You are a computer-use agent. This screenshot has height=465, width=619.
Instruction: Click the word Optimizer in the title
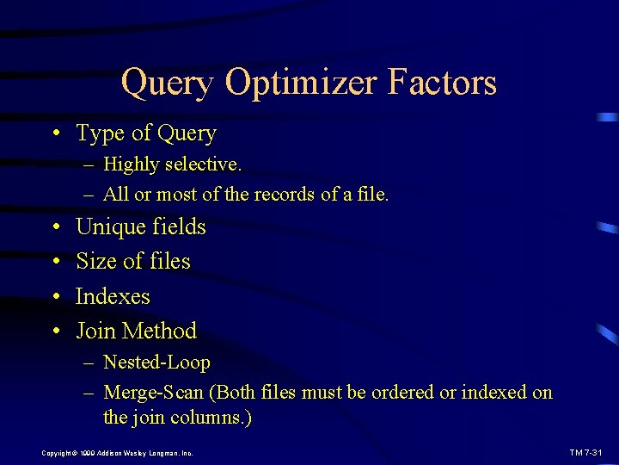click(300, 84)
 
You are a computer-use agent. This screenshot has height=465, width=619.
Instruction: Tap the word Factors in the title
click(442, 82)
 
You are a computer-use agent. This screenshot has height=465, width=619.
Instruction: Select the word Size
click(95, 261)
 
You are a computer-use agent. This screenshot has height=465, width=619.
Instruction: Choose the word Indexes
click(113, 296)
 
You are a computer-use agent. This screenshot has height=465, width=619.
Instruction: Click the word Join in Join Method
click(95, 331)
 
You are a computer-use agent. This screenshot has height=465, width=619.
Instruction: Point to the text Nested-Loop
click(156, 363)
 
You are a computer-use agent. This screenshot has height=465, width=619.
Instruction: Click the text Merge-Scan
click(153, 393)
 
